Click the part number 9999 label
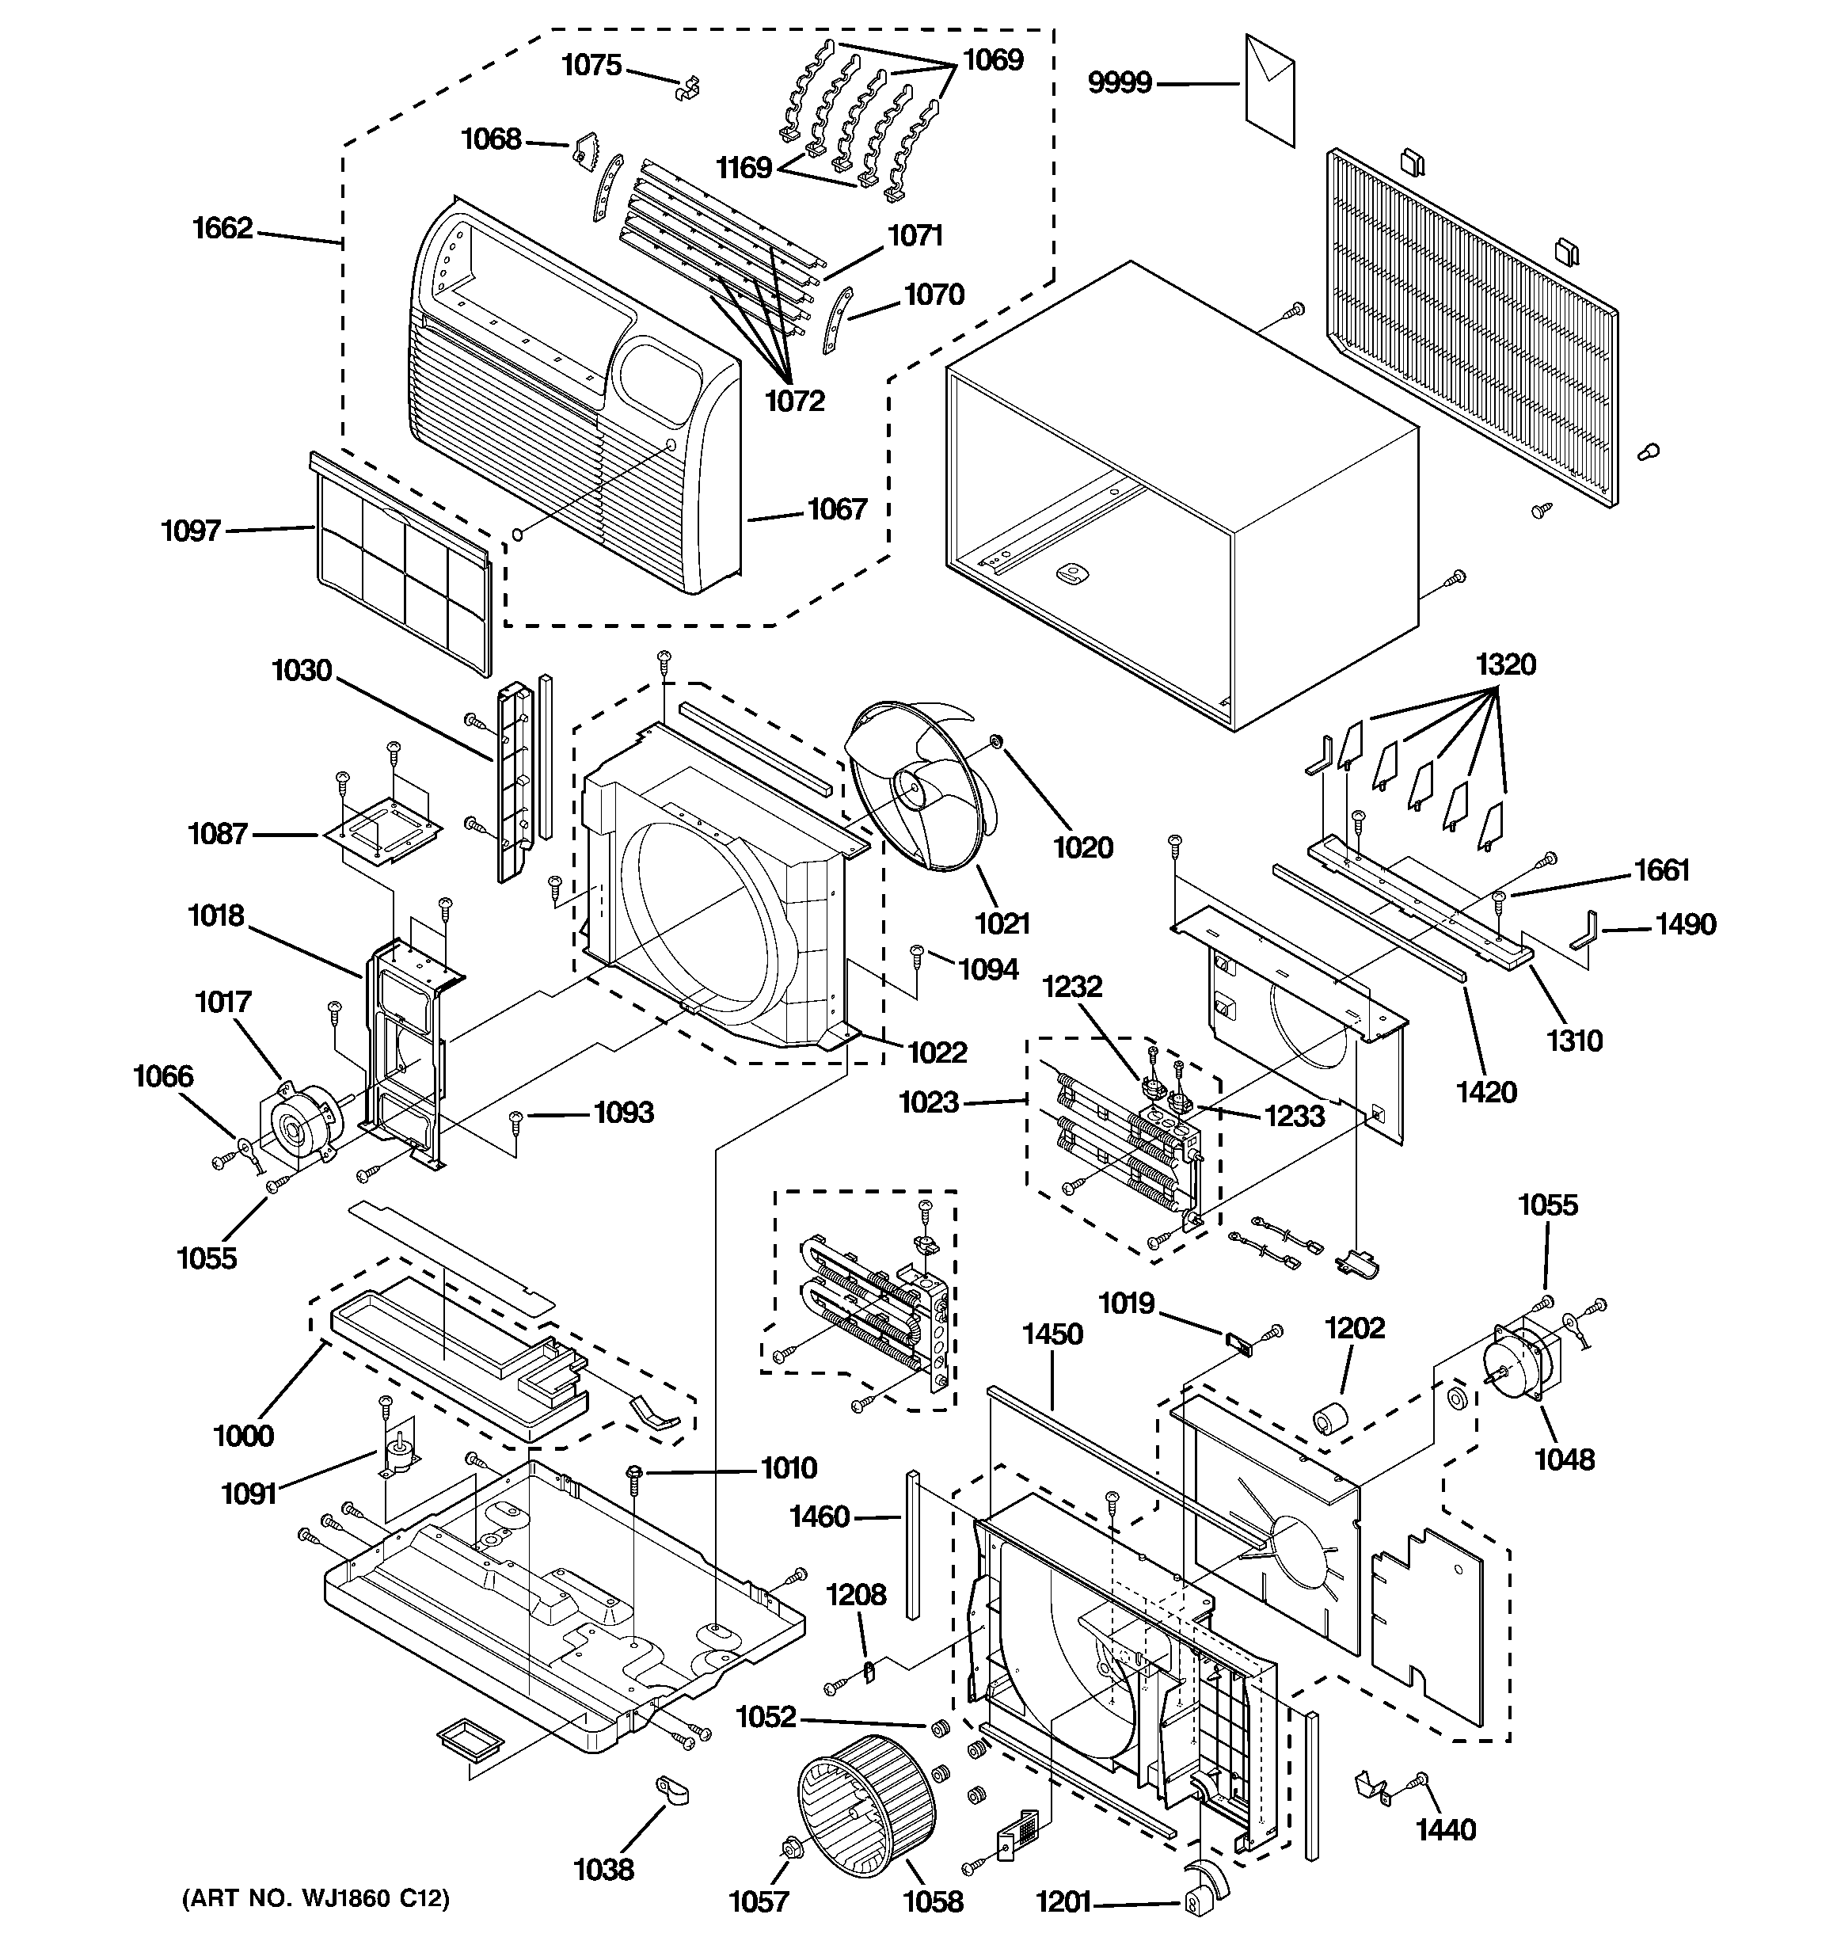point(1119,83)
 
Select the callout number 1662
point(222,229)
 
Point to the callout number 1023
point(929,1102)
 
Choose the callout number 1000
point(244,1436)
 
